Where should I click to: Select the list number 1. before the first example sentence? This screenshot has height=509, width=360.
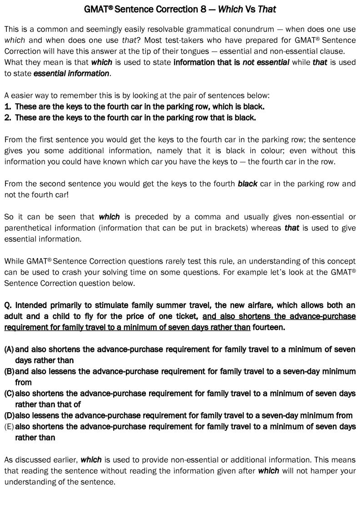coord(8,107)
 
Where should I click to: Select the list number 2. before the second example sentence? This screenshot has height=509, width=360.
coord(8,118)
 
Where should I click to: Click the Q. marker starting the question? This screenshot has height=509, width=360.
coord(8,305)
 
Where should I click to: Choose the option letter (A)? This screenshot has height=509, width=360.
coord(9,349)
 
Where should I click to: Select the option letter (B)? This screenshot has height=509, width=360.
coord(9,371)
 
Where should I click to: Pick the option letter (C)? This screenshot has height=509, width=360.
coord(9,394)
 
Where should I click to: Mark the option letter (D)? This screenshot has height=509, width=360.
coord(9,415)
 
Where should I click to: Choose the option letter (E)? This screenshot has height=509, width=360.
coord(9,427)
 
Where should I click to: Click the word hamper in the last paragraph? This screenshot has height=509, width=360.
coord(315,471)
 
